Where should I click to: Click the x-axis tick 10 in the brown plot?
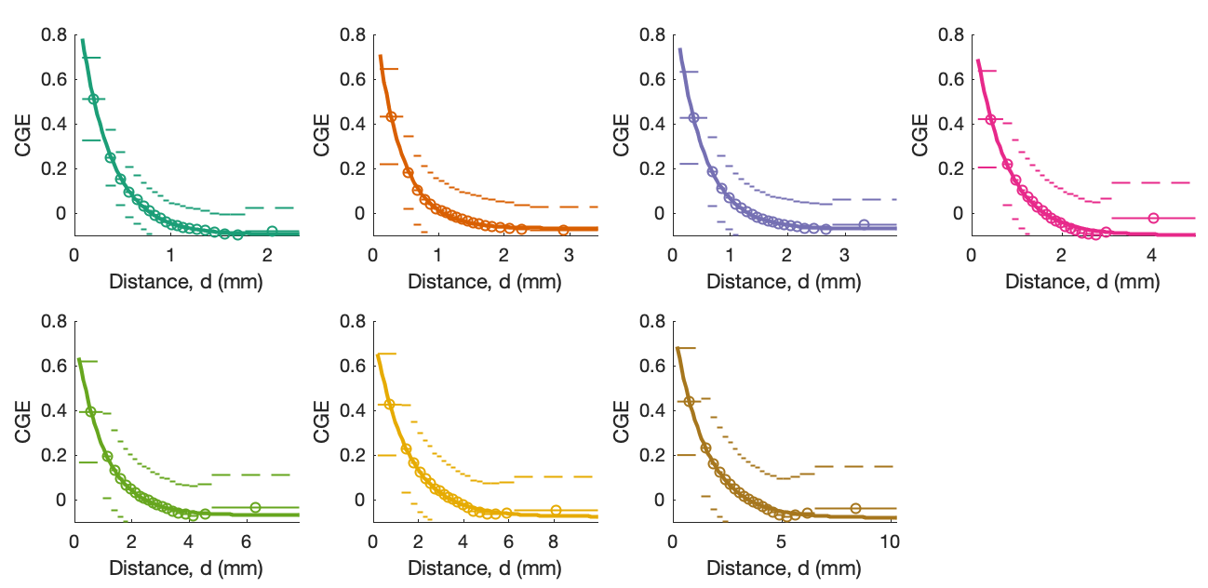click(x=888, y=541)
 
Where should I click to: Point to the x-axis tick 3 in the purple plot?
click(x=844, y=254)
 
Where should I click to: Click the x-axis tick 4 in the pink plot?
click(x=1151, y=254)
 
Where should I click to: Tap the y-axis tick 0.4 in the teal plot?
click(x=54, y=124)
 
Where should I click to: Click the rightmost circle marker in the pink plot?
click(x=1153, y=218)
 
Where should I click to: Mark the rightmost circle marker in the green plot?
click(x=255, y=507)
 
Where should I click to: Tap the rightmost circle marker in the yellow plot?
click(x=556, y=510)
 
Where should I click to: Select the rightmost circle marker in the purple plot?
click(x=864, y=224)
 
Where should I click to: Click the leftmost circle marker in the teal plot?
click(x=93, y=99)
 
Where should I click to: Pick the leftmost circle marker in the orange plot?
click(x=391, y=116)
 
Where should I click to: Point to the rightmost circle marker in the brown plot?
click(x=855, y=508)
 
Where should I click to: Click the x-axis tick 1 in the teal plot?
click(x=170, y=254)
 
